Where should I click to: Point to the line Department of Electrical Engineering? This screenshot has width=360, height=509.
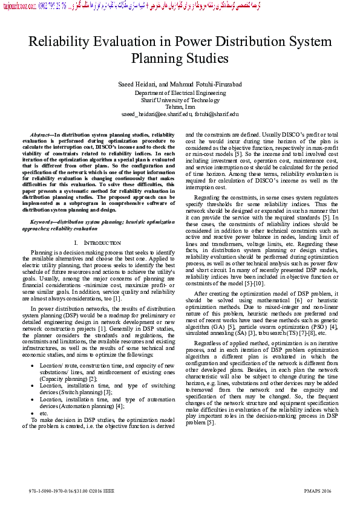click(x=180, y=93)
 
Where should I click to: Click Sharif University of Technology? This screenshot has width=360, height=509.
click(x=180, y=100)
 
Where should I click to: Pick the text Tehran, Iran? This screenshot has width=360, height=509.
click(x=180, y=106)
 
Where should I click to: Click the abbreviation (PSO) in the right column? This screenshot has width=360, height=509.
click(x=319, y=327)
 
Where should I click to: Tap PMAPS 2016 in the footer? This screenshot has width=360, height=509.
click(x=317, y=490)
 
